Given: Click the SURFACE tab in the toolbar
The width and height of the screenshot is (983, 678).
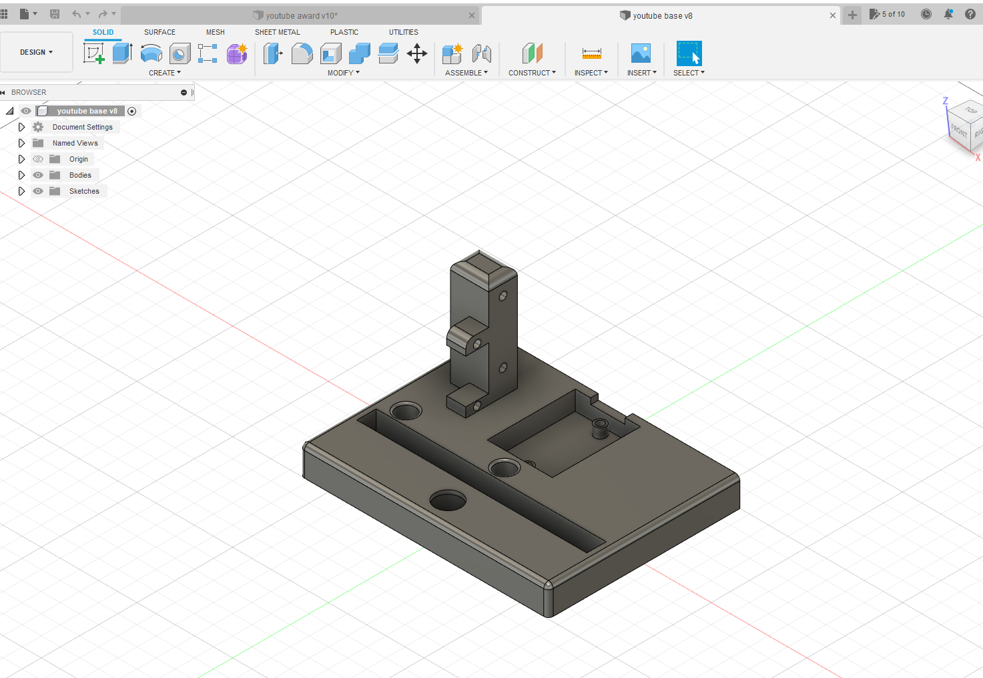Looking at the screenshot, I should [159, 32].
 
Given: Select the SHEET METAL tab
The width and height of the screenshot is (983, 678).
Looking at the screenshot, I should [277, 32].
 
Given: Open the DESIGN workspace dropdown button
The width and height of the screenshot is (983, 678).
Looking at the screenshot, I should [36, 52].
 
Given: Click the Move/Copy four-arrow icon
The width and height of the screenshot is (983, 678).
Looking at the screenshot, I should [417, 53].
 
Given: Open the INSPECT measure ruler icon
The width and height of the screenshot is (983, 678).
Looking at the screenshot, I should [591, 53].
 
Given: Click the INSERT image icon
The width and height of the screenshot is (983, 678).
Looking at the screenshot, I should [641, 53].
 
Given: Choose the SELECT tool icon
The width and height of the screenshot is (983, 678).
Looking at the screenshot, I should [689, 53].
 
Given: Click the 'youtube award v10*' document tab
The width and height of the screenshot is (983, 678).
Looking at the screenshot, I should [301, 15].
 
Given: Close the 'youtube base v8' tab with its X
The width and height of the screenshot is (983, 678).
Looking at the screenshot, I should [833, 15].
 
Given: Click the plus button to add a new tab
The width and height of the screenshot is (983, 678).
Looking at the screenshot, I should [852, 15].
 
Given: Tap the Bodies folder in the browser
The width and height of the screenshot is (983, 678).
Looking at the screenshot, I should [80, 175].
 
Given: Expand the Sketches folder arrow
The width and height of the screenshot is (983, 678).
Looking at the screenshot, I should [21, 191].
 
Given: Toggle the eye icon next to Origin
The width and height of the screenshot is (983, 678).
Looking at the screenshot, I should [38, 159].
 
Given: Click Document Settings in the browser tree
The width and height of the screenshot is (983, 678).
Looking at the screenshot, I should [82, 127].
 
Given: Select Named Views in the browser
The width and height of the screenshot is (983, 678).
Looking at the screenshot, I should [75, 143].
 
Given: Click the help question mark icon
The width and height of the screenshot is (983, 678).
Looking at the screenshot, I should [970, 14].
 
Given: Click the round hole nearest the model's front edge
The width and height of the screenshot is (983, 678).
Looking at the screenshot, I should [448, 500].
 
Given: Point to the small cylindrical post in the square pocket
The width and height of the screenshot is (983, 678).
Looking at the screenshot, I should [599, 427].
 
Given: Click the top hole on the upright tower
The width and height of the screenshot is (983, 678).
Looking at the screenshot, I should [503, 295].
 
